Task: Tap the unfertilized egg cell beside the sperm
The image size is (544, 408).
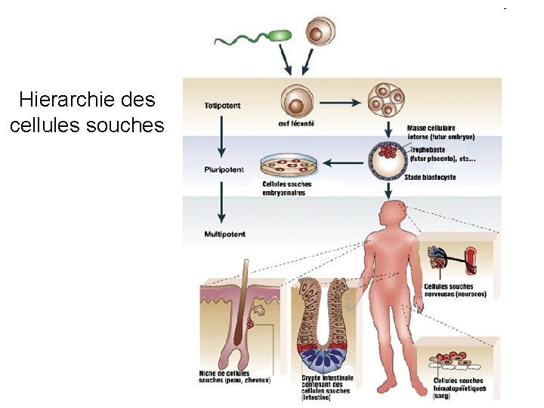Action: coord(320,32)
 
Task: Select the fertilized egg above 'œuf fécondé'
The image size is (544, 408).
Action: coord(296,100)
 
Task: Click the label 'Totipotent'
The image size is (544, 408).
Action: coord(222,106)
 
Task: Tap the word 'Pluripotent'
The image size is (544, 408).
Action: coord(222,170)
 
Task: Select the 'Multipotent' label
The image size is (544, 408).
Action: coord(224,234)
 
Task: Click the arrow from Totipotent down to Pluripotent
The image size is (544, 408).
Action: coord(221,136)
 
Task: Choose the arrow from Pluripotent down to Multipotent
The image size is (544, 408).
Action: coord(221,201)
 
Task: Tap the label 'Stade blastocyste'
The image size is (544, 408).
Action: coord(430,178)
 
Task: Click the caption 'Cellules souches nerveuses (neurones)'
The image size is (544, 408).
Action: coord(455,290)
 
